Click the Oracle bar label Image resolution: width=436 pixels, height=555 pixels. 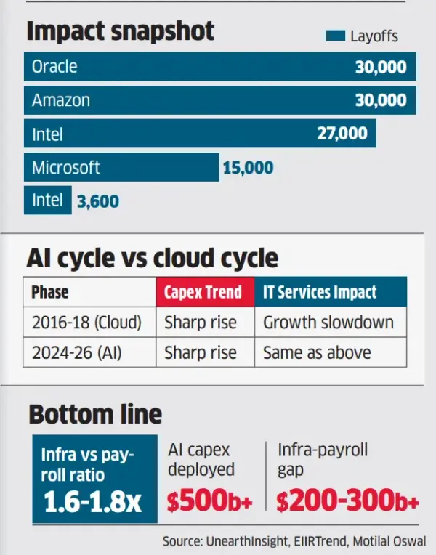click(x=54, y=68)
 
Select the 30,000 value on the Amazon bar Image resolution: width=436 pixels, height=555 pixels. click(x=381, y=100)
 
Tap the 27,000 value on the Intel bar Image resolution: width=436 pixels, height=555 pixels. click(x=342, y=134)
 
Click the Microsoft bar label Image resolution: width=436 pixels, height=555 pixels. click(x=65, y=168)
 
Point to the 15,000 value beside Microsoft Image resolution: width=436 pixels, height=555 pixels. click(x=248, y=168)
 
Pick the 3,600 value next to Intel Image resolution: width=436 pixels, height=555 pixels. click(x=98, y=200)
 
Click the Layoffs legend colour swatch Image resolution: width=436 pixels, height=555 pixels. click(x=335, y=36)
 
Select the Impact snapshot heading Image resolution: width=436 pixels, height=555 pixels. click(x=121, y=31)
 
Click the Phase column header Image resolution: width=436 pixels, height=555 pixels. click(x=50, y=293)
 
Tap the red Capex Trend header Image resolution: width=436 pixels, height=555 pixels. click(x=203, y=293)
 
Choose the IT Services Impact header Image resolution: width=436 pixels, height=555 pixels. click(x=320, y=293)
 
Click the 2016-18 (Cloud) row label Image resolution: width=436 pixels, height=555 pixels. click(x=86, y=323)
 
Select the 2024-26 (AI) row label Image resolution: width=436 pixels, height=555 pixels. click(x=78, y=353)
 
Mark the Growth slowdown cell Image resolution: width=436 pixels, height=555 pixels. click(x=328, y=323)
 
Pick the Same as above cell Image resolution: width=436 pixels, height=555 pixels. click(x=317, y=353)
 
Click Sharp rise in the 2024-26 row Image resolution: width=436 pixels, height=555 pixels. click(x=201, y=353)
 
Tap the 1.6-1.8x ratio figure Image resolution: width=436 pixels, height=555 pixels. click(x=93, y=503)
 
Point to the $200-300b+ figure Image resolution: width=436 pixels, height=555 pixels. click(x=348, y=501)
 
